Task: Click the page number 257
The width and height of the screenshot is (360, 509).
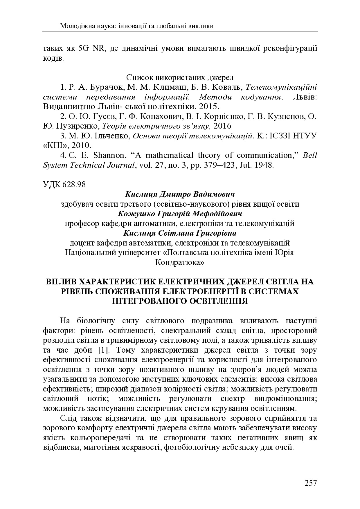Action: (x=311, y=483)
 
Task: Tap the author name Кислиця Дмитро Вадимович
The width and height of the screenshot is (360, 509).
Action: (x=180, y=194)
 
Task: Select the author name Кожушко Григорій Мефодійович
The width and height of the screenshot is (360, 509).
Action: (x=180, y=214)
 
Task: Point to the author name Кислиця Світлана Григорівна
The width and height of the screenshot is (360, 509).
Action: (x=180, y=233)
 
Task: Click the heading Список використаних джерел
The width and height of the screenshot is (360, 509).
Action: (x=180, y=78)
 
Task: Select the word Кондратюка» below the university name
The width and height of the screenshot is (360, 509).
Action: (x=180, y=262)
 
